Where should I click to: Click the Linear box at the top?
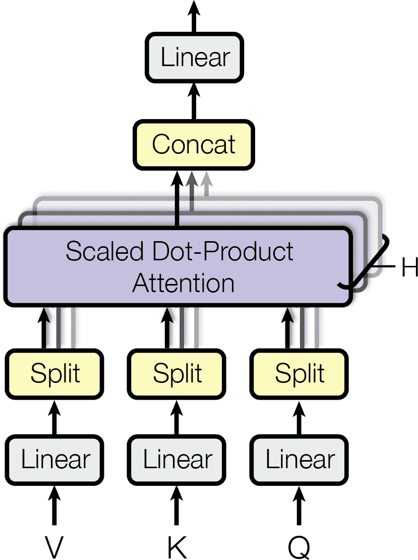195,58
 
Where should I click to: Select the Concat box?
194,144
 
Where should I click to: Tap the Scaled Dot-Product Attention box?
177,266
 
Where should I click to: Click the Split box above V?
55,374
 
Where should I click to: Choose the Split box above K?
177,374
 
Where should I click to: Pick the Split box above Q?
300,374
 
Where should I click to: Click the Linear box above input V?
55,460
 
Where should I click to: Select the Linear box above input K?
177,460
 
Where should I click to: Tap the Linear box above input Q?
300,460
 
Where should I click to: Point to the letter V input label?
54,546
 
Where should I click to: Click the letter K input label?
177,546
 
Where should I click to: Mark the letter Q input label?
300,547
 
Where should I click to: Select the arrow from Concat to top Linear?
194,101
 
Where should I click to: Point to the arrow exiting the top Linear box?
194,15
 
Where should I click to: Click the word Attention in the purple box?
184,283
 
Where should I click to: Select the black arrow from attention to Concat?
177,199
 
